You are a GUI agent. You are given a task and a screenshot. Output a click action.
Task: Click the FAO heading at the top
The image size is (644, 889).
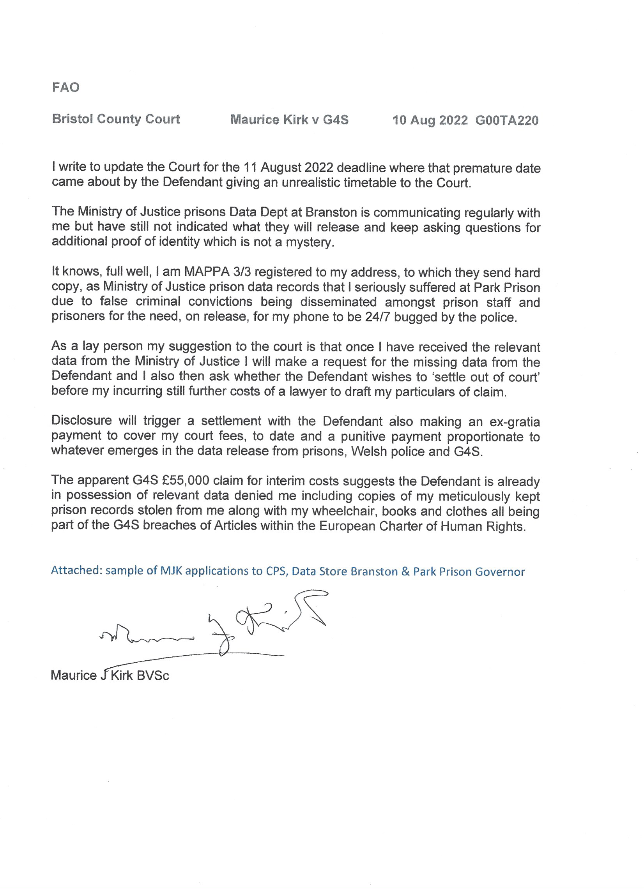[65, 87]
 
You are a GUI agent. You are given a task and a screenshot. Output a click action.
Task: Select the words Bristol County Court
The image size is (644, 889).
[116, 119]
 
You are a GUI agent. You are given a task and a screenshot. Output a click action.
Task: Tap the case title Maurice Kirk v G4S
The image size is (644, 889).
[289, 120]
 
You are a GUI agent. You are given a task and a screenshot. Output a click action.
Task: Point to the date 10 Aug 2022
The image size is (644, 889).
[430, 120]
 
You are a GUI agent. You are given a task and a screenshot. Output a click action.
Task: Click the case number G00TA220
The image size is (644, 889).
[507, 120]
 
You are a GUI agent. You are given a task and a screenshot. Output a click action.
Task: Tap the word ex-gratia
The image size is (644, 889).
[514, 422]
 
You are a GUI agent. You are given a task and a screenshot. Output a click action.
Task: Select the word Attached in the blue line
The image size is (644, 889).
[76, 570]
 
